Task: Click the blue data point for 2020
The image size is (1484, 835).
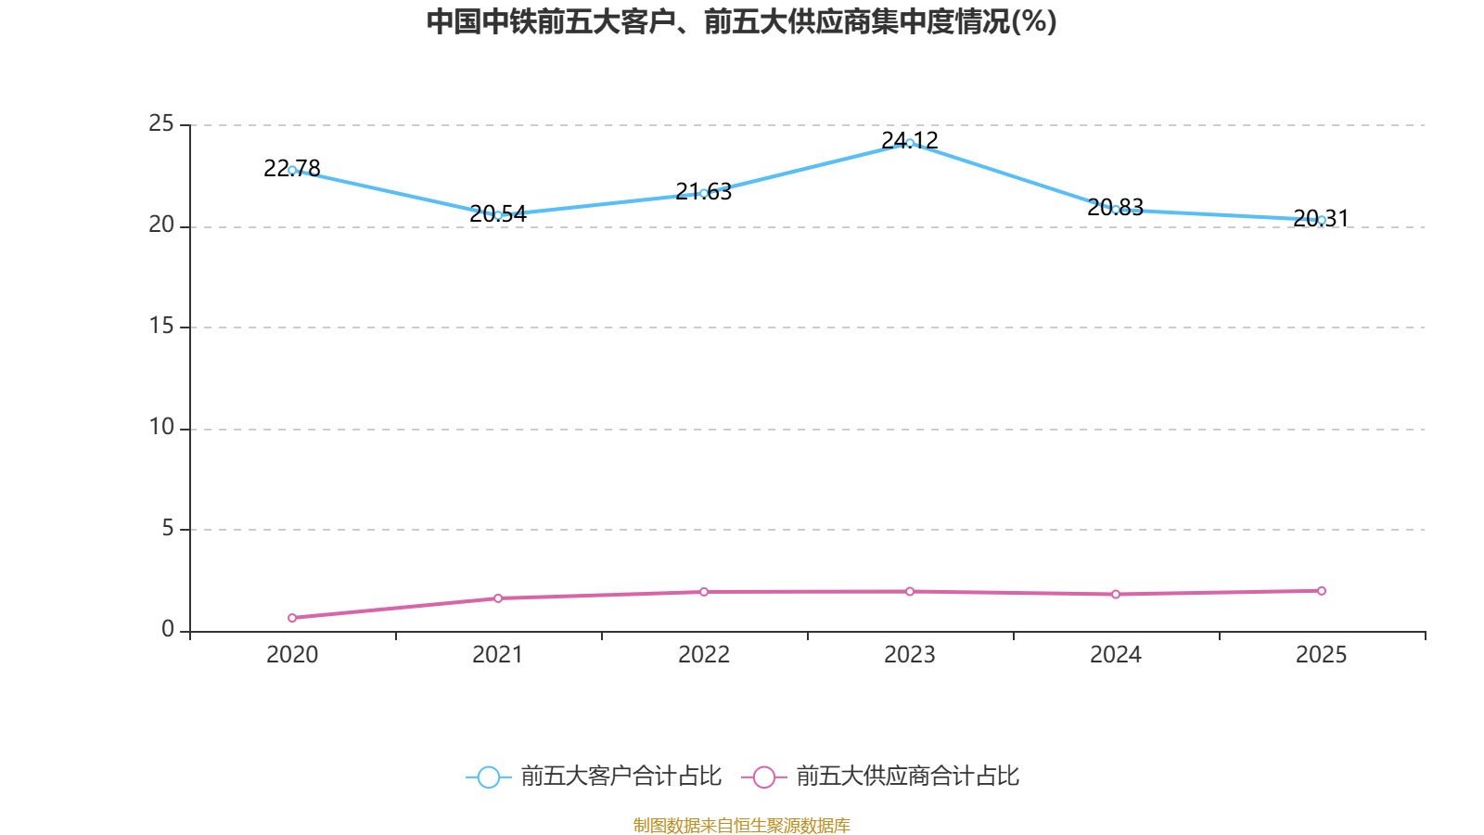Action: coord(292,170)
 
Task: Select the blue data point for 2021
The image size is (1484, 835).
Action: coord(498,215)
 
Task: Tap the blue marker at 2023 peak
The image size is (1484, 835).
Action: coord(910,143)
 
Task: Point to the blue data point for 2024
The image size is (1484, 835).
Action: coord(1116,210)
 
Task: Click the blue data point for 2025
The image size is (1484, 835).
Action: coord(1322,220)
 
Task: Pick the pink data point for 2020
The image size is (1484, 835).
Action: coord(292,618)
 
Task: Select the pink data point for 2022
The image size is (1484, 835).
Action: coord(704,592)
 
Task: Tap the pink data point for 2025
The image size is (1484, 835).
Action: coord(1322,591)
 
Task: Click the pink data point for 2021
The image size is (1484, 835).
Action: coord(498,598)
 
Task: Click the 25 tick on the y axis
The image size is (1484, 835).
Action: coord(161,124)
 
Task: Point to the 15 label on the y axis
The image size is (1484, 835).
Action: coord(161,327)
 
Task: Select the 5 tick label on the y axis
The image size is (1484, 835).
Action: coord(168,529)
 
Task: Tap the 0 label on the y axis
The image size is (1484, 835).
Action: coord(168,630)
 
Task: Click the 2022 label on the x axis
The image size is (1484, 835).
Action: coord(704,655)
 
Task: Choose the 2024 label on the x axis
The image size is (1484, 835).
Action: coord(1116,655)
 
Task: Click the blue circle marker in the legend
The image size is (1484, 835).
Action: coord(488,777)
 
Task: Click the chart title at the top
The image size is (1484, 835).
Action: coord(742,21)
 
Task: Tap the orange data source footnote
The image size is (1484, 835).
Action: coord(742,825)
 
